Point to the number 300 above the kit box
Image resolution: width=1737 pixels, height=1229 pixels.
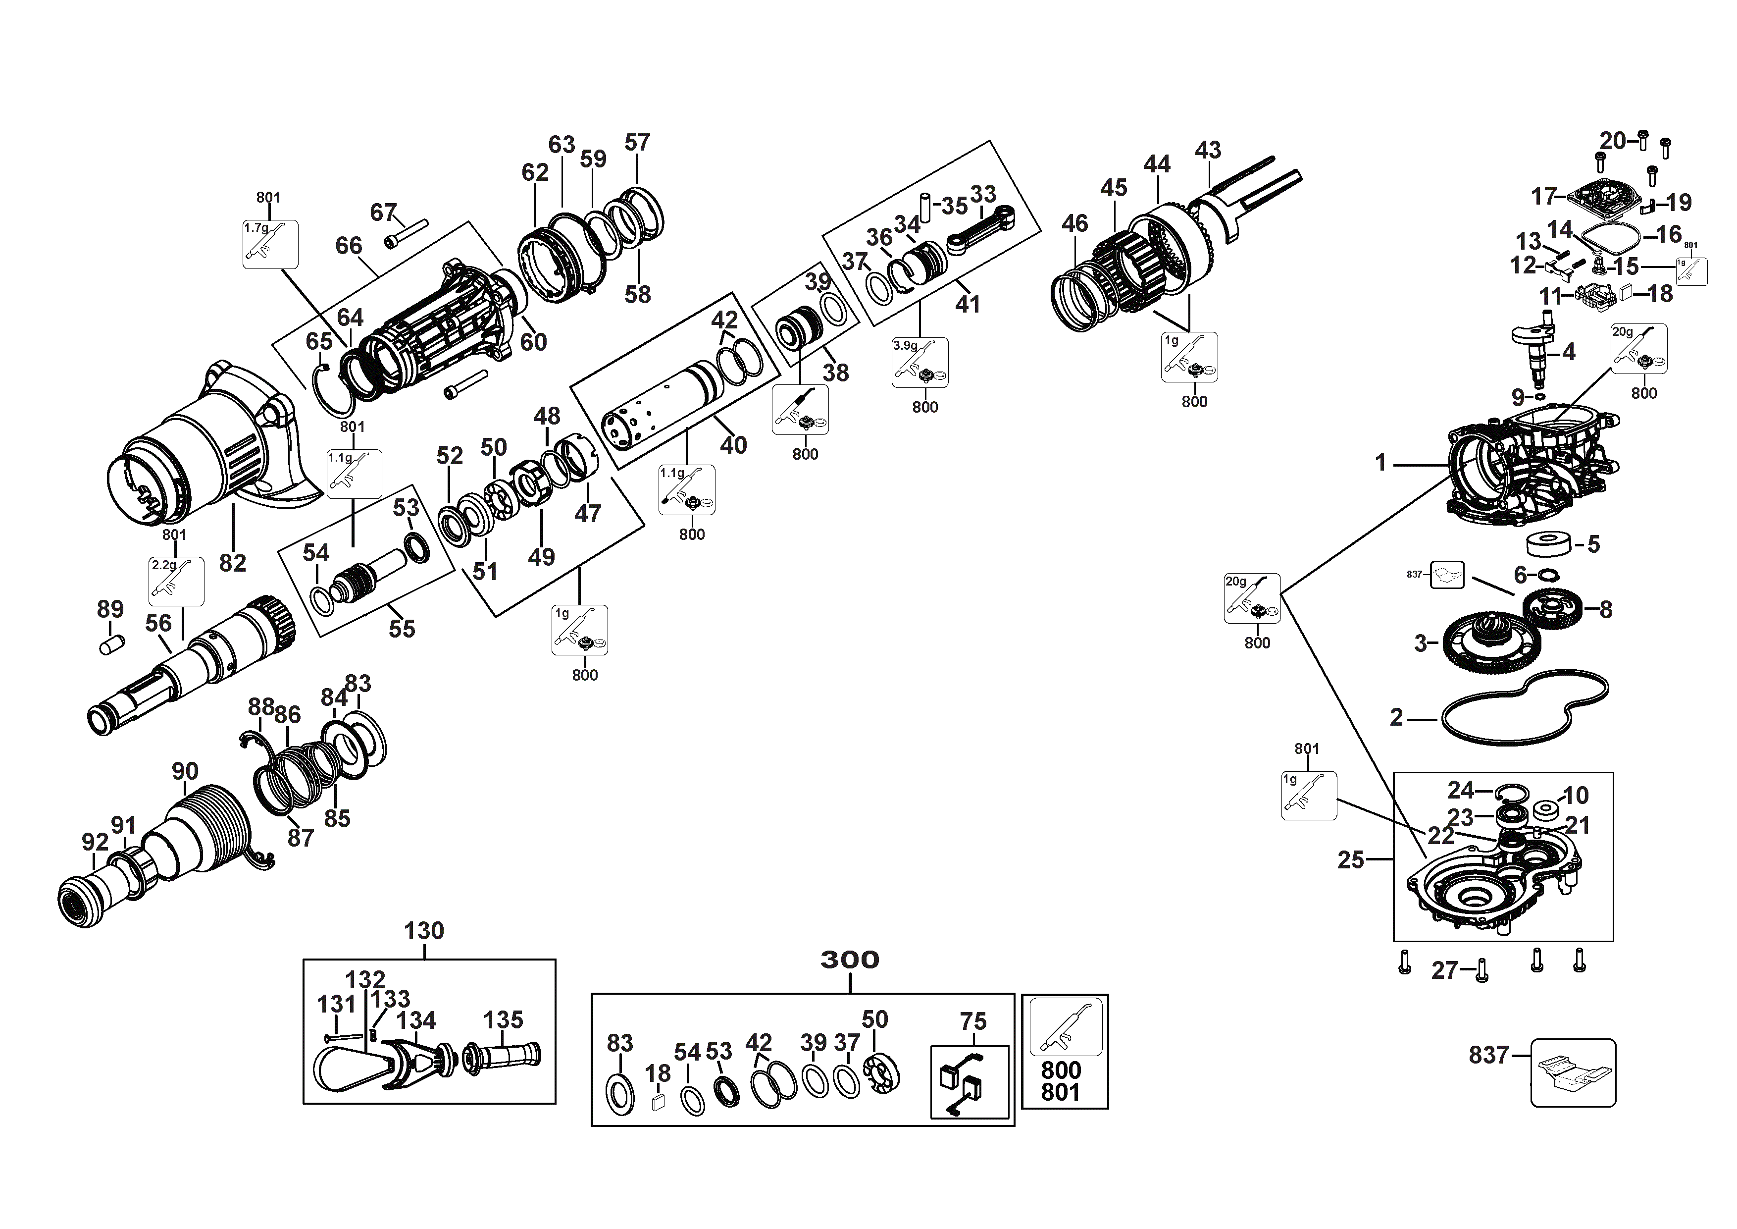[850, 960]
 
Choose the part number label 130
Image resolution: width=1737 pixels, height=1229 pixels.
[424, 931]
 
